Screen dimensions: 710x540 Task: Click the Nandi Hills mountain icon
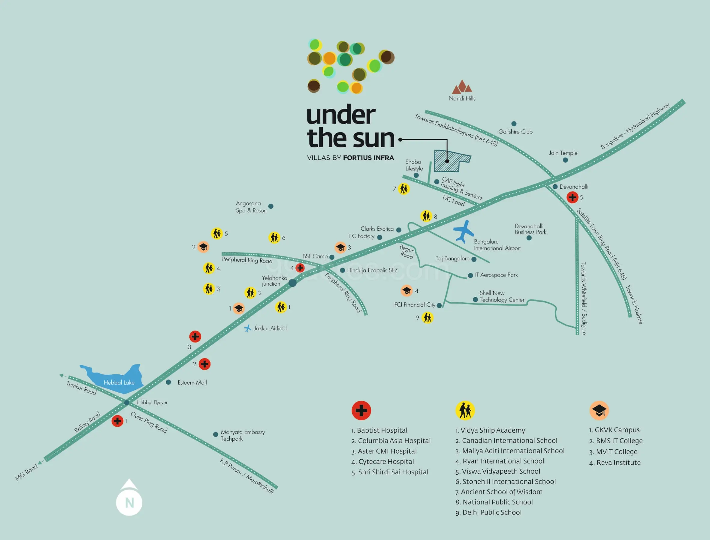point(462,86)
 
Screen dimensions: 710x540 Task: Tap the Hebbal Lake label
point(119,382)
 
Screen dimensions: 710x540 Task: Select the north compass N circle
point(129,502)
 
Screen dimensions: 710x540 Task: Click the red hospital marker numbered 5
point(572,197)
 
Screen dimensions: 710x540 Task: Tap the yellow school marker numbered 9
point(428,318)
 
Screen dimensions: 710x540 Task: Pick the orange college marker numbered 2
point(203,247)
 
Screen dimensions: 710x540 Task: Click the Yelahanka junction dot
point(292,283)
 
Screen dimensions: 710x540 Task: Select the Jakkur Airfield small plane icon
point(247,328)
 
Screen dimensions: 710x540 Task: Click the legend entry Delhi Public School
point(488,512)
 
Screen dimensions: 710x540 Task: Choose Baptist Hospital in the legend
point(379,430)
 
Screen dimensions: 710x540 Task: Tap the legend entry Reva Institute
point(615,463)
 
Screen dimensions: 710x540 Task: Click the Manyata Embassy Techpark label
point(243,435)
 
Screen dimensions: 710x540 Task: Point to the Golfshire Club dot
point(514,124)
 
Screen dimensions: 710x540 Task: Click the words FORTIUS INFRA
point(369,158)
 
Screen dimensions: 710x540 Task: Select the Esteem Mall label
point(192,382)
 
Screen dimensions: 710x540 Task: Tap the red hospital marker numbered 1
point(117,421)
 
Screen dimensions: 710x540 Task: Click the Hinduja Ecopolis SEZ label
point(372,270)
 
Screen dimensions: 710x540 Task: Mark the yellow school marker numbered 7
point(404,189)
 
